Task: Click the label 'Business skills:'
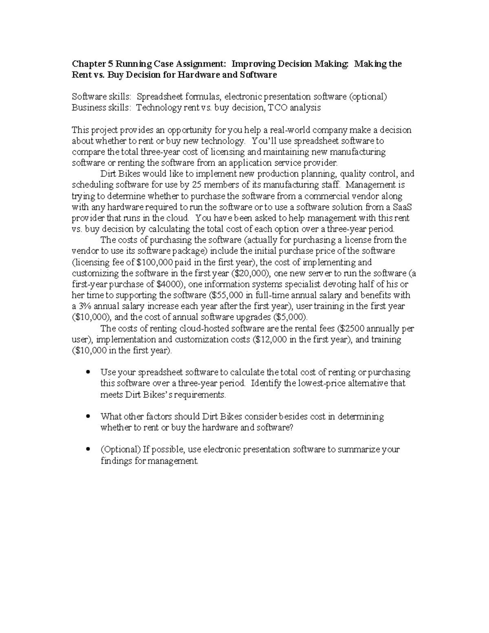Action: coord(101,108)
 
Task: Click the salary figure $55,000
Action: coord(226,295)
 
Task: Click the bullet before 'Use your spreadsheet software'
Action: coord(88,372)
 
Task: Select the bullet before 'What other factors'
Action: coord(88,417)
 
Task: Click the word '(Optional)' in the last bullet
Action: coord(120,450)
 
